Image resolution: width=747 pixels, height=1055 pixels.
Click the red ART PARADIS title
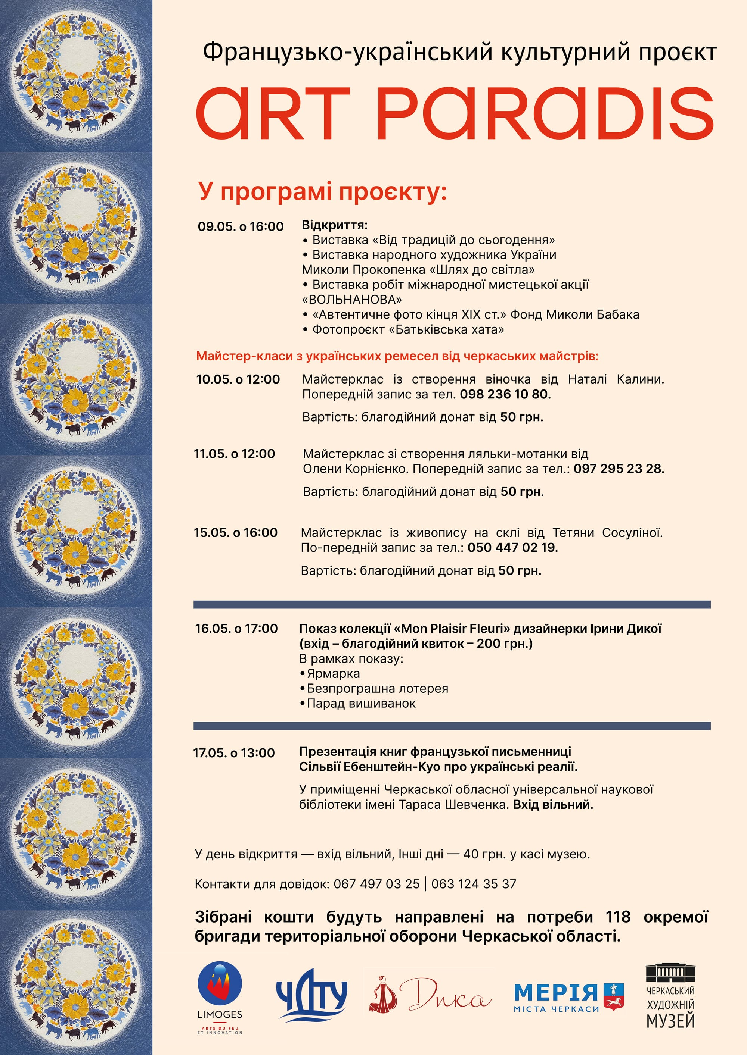click(455, 113)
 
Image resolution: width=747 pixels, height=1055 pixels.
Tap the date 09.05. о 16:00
click(241, 226)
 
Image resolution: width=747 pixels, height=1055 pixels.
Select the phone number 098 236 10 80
click(505, 394)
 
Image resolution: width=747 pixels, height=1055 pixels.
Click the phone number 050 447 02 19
click(512, 548)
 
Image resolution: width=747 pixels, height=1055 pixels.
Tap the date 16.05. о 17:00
click(236, 629)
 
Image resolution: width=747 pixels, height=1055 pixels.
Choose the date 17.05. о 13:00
click(234, 753)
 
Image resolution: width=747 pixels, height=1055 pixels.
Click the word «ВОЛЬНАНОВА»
click(352, 300)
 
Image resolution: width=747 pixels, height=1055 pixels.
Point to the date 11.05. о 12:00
click(234, 454)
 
